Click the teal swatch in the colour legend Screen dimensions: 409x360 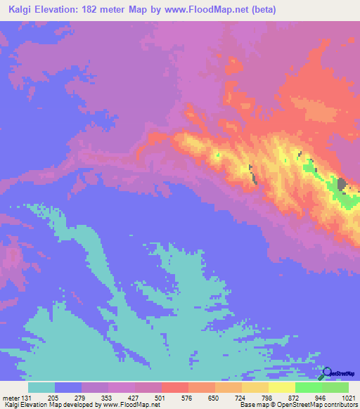coord(41,387)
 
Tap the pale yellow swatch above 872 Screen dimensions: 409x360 coord(282,387)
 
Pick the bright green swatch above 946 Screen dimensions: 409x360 coord(309,387)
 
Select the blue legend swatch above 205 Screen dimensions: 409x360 coord(68,387)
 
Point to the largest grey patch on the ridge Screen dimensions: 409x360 coord(342,185)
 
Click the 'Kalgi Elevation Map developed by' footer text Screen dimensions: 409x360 coord(39,404)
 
